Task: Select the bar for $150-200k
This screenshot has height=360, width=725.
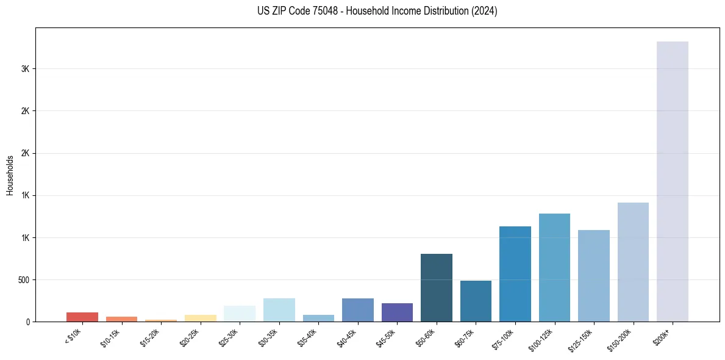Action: (633, 262)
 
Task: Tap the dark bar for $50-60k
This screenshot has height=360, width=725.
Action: (436, 287)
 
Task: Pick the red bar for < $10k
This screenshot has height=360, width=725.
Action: (82, 317)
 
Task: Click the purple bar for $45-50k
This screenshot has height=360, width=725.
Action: (397, 312)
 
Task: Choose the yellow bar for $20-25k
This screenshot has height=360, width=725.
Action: (200, 318)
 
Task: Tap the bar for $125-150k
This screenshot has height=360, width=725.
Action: (593, 275)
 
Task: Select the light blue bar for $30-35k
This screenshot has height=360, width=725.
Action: (279, 309)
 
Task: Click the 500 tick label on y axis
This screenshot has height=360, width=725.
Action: (23, 280)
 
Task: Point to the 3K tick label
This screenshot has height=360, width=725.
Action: (26, 69)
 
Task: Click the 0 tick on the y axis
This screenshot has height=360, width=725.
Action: (28, 322)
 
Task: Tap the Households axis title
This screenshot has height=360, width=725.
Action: (10, 175)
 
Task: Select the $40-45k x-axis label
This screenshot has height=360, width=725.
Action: (347, 338)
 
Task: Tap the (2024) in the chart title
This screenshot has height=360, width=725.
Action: (484, 11)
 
